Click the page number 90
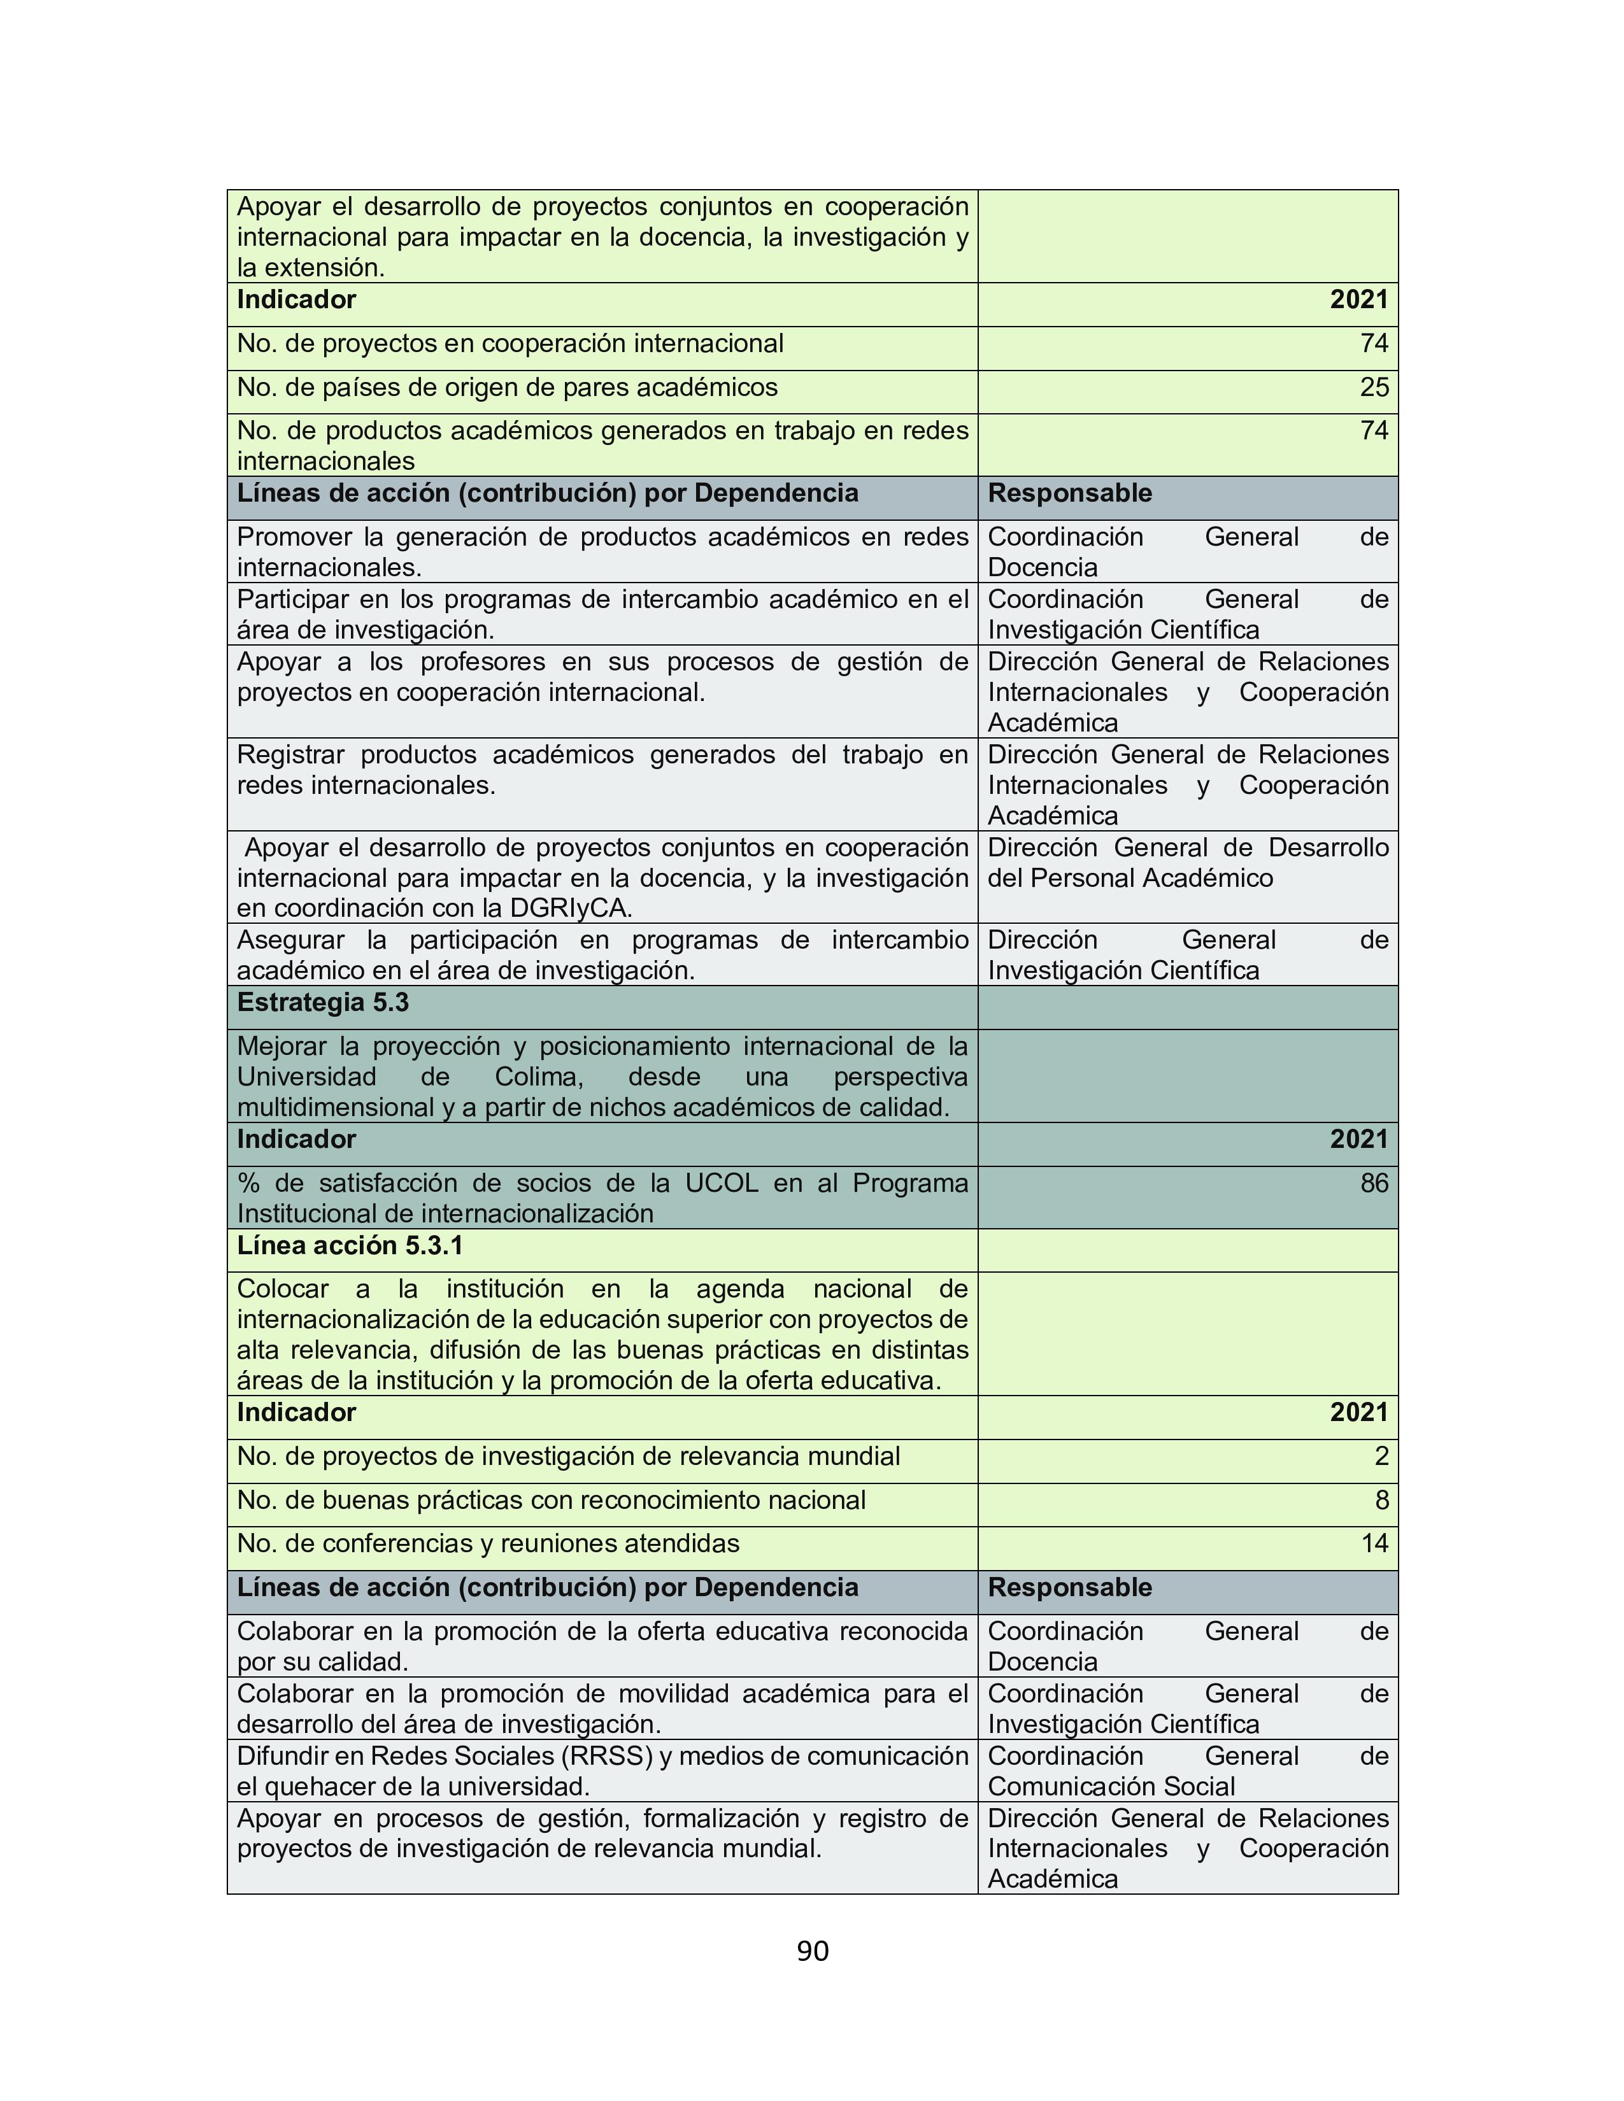[812, 1951]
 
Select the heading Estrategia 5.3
[324, 1002]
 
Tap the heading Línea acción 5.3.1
[350, 1246]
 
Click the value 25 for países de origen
[1374, 388]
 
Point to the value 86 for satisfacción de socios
[1374, 1184]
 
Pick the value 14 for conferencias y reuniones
[1374, 1544]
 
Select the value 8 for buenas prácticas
[1381, 1500]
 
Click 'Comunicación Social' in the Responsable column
[1111, 1786]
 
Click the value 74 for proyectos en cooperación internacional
[1374, 343]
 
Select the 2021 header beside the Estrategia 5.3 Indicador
[1358, 1139]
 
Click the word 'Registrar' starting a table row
[290, 754]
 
